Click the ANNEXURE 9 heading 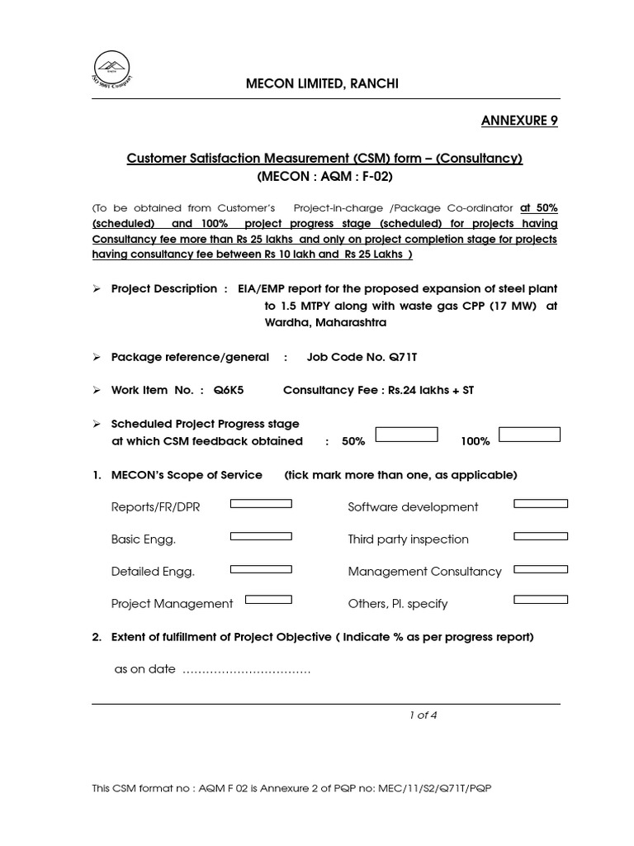(x=519, y=121)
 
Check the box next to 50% (x=406, y=435)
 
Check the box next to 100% (x=529, y=435)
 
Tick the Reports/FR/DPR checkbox (x=261, y=503)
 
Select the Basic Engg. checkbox (x=261, y=535)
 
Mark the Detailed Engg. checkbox (x=261, y=568)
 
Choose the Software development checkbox (x=541, y=503)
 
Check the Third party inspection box (x=541, y=535)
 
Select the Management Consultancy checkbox (x=541, y=568)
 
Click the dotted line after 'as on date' (x=246, y=670)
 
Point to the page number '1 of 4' (x=423, y=715)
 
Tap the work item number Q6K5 (x=229, y=390)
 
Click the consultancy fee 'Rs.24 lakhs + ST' (x=430, y=390)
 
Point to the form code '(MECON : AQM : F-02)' (x=324, y=177)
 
